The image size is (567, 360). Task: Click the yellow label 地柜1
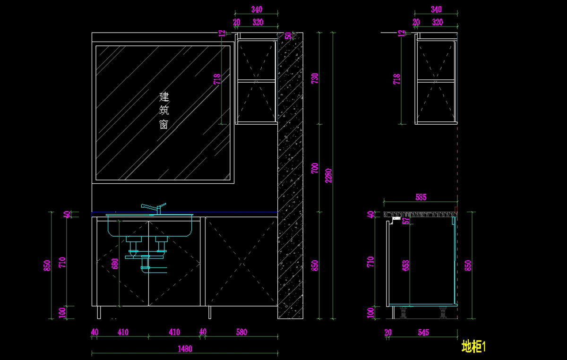coord(473,347)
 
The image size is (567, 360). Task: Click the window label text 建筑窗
coord(164,111)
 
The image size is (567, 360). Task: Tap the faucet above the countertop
coord(154,208)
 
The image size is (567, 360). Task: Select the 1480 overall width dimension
coord(185,349)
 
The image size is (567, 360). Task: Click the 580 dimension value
coord(241,332)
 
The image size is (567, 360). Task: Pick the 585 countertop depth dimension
coord(421,197)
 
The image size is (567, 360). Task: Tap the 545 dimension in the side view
coord(423,333)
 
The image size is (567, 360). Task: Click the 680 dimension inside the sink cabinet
coord(115,263)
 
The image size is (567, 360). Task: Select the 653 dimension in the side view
coord(406,266)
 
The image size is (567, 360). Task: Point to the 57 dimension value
coord(406,221)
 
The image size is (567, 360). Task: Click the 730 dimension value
coord(316,78)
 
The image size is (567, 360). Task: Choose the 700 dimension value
coord(316,168)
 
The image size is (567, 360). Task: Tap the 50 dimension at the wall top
coord(288,36)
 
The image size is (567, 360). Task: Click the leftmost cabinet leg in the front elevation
coord(99,312)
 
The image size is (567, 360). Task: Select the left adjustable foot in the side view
coord(404,312)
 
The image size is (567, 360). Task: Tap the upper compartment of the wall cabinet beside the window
coord(256,60)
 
